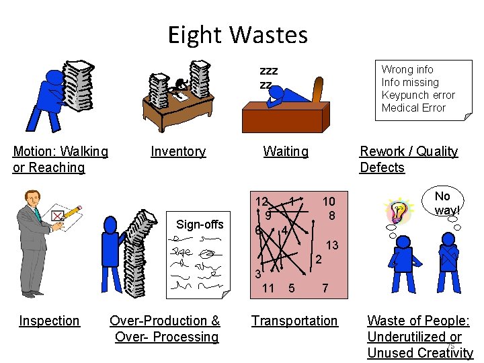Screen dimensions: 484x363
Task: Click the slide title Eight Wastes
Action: pyautogui.click(x=238, y=34)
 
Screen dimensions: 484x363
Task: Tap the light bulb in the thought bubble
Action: pyautogui.click(x=398, y=210)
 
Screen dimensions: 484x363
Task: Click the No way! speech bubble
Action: pyautogui.click(x=442, y=202)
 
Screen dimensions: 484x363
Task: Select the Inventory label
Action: pyautogui.click(x=178, y=151)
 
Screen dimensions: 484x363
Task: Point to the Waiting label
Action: pyautogui.click(x=286, y=151)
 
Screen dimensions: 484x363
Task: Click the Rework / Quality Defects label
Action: pyautogui.click(x=409, y=159)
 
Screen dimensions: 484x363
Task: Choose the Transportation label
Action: pyautogui.click(x=294, y=321)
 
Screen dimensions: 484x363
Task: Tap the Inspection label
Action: pyautogui.click(x=49, y=321)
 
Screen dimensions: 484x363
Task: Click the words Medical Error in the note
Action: pyautogui.click(x=413, y=108)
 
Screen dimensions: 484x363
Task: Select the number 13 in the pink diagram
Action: pyautogui.click(x=332, y=245)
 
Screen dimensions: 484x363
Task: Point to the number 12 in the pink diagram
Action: pyautogui.click(x=261, y=202)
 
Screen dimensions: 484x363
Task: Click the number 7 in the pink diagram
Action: pyautogui.click(x=325, y=288)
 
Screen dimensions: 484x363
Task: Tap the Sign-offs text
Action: pyautogui.click(x=200, y=225)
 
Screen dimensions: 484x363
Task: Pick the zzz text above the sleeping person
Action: pyautogui.click(x=269, y=71)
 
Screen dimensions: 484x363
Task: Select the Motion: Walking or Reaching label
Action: pyautogui.click(x=61, y=159)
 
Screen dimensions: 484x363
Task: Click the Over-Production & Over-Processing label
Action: pyautogui.click(x=165, y=329)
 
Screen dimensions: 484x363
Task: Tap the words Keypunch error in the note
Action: pyautogui.click(x=418, y=95)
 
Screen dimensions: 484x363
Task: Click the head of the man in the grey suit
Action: pyautogui.click(x=32, y=199)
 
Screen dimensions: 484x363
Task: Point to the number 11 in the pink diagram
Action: pyautogui.click(x=268, y=288)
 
